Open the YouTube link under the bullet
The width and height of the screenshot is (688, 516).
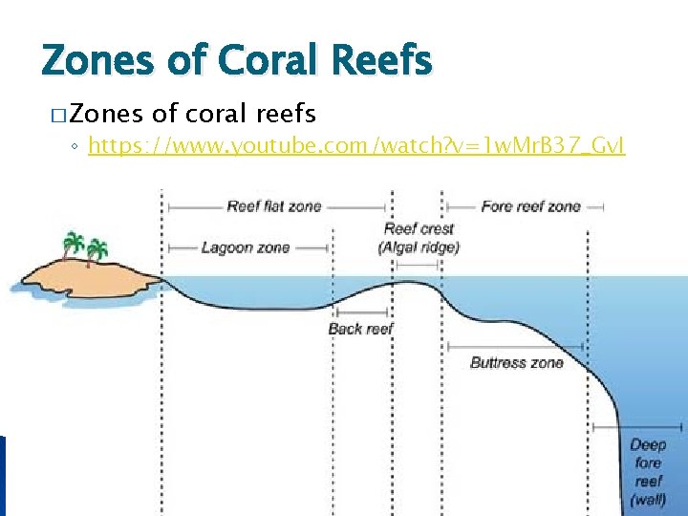click(x=356, y=146)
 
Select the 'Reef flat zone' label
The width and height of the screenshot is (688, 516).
click(x=274, y=206)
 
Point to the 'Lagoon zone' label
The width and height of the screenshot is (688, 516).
click(x=246, y=247)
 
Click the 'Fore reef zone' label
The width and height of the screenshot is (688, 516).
click(x=530, y=206)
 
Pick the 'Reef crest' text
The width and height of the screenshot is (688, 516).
click(x=419, y=229)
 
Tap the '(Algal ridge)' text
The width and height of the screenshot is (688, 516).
click(x=419, y=247)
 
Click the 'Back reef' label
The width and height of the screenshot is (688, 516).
click(x=360, y=329)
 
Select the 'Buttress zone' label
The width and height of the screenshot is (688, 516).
click(x=517, y=362)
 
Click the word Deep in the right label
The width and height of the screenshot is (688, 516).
click(x=648, y=444)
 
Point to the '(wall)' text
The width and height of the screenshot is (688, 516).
click(x=648, y=500)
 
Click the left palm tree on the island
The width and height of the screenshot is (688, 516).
click(x=73, y=245)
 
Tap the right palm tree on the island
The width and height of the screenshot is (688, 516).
click(x=96, y=251)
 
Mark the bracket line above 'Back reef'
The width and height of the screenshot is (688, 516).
click(x=361, y=312)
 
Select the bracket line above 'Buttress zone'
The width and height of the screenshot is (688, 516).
click(x=517, y=347)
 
